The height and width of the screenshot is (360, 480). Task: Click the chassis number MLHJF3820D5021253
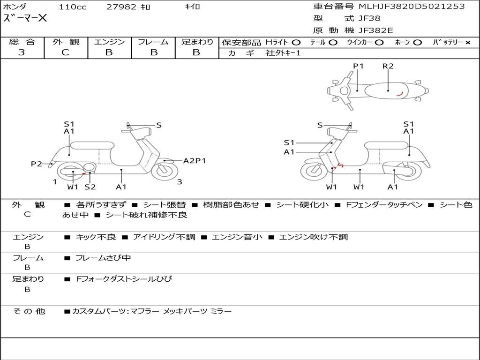point(412,7)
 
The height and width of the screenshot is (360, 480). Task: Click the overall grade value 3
point(22,52)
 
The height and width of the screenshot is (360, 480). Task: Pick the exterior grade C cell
point(66,52)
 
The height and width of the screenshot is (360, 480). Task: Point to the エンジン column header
point(109,42)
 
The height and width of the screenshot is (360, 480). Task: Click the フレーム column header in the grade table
point(153,42)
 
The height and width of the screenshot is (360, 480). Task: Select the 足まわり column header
point(197,42)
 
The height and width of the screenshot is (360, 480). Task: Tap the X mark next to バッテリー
point(467,43)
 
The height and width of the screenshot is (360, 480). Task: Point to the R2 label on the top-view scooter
point(388,66)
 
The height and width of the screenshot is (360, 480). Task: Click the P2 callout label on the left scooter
point(37,164)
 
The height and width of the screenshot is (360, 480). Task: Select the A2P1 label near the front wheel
point(194,161)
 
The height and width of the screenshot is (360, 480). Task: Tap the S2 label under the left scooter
point(90,187)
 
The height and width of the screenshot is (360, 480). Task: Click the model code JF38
point(369,19)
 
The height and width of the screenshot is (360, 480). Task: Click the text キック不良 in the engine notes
point(96,237)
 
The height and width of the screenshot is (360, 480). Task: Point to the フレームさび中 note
point(103,258)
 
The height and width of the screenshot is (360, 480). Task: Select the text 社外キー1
point(283,53)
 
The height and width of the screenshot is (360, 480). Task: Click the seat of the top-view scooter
point(388,90)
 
